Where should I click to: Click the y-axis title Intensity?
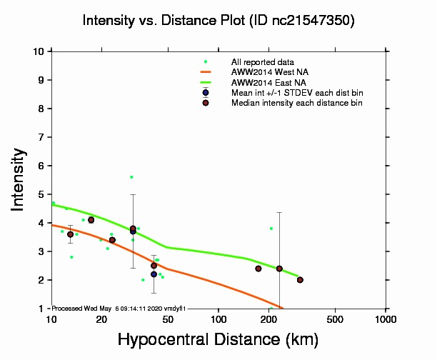[x=19, y=179]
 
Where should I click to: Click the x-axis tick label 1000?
[x=386, y=319]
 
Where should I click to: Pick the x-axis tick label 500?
[x=335, y=319]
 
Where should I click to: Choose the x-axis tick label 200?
[x=268, y=319]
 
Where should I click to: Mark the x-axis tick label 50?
[x=169, y=319]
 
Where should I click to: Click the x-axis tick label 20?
[x=102, y=319]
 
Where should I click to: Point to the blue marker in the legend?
[x=206, y=92]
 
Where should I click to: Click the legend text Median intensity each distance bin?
[x=296, y=103]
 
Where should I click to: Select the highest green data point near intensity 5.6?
[x=131, y=176]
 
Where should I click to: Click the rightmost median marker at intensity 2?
[x=300, y=280]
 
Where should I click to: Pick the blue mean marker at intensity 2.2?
[x=154, y=274]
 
